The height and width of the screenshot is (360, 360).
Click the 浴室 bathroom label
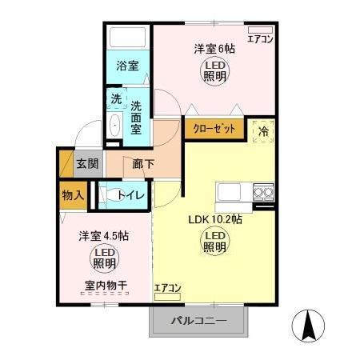pyautogui.click(x=127, y=66)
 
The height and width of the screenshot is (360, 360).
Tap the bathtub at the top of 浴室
pyautogui.click(x=128, y=39)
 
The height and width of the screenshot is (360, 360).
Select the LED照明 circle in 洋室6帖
pyautogui.click(x=214, y=71)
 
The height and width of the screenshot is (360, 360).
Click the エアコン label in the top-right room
pyautogui.click(x=260, y=38)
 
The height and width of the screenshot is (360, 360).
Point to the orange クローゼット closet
pyautogui.click(x=213, y=128)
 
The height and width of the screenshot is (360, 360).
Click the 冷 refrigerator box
pyautogui.click(x=263, y=128)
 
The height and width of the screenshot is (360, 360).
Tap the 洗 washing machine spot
pyautogui.click(x=116, y=100)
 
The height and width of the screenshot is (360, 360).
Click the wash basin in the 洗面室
pyautogui.click(x=114, y=126)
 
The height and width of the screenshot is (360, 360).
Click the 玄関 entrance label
pyautogui.click(x=87, y=164)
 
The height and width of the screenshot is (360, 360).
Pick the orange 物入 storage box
pyautogui.click(x=73, y=194)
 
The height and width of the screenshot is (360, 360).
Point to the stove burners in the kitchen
pyautogui.click(x=263, y=191)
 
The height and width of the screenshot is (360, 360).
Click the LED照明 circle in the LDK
pyautogui.click(x=214, y=241)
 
